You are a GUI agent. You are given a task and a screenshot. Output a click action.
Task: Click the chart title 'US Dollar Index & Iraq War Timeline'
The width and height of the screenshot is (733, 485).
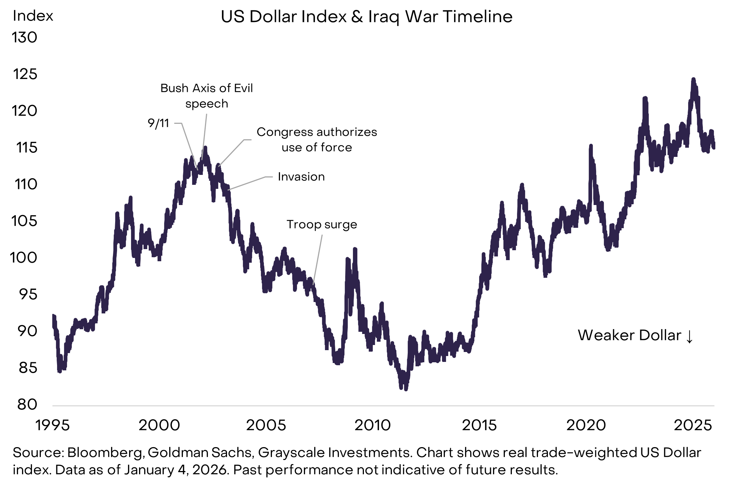(366, 17)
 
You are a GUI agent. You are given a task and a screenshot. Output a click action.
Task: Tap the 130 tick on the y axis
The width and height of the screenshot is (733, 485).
(25, 37)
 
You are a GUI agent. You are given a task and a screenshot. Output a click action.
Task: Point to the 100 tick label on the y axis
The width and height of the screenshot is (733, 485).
(24, 258)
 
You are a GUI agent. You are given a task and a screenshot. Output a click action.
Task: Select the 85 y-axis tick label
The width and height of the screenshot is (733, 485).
(28, 368)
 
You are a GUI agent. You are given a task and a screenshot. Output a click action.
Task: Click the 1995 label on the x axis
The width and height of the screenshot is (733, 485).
(52, 425)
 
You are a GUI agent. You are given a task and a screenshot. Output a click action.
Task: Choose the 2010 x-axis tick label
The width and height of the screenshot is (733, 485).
(372, 425)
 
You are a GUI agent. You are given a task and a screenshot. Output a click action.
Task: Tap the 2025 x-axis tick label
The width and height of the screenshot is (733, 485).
(693, 425)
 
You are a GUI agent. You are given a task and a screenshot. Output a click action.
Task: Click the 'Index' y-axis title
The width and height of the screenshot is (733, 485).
(33, 16)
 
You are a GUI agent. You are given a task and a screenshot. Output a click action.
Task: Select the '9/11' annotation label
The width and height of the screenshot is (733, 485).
(158, 123)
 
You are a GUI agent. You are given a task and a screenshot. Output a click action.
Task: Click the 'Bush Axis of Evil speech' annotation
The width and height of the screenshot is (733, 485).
(206, 96)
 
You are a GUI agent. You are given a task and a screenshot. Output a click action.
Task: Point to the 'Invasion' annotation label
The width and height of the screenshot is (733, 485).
(301, 177)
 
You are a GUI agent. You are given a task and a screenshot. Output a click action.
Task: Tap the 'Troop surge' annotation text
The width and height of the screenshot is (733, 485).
(322, 224)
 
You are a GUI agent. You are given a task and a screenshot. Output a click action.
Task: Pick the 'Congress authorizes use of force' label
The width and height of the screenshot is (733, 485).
(316, 140)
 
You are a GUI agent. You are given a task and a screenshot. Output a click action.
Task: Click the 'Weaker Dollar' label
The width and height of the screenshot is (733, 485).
(629, 335)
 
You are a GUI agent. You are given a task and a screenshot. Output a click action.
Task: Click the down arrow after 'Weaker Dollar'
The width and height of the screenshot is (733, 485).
(689, 336)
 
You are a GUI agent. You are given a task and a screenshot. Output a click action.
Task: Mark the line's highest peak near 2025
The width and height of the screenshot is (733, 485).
(693, 80)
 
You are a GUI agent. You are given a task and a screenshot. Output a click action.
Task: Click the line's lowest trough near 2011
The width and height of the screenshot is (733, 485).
(406, 389)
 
